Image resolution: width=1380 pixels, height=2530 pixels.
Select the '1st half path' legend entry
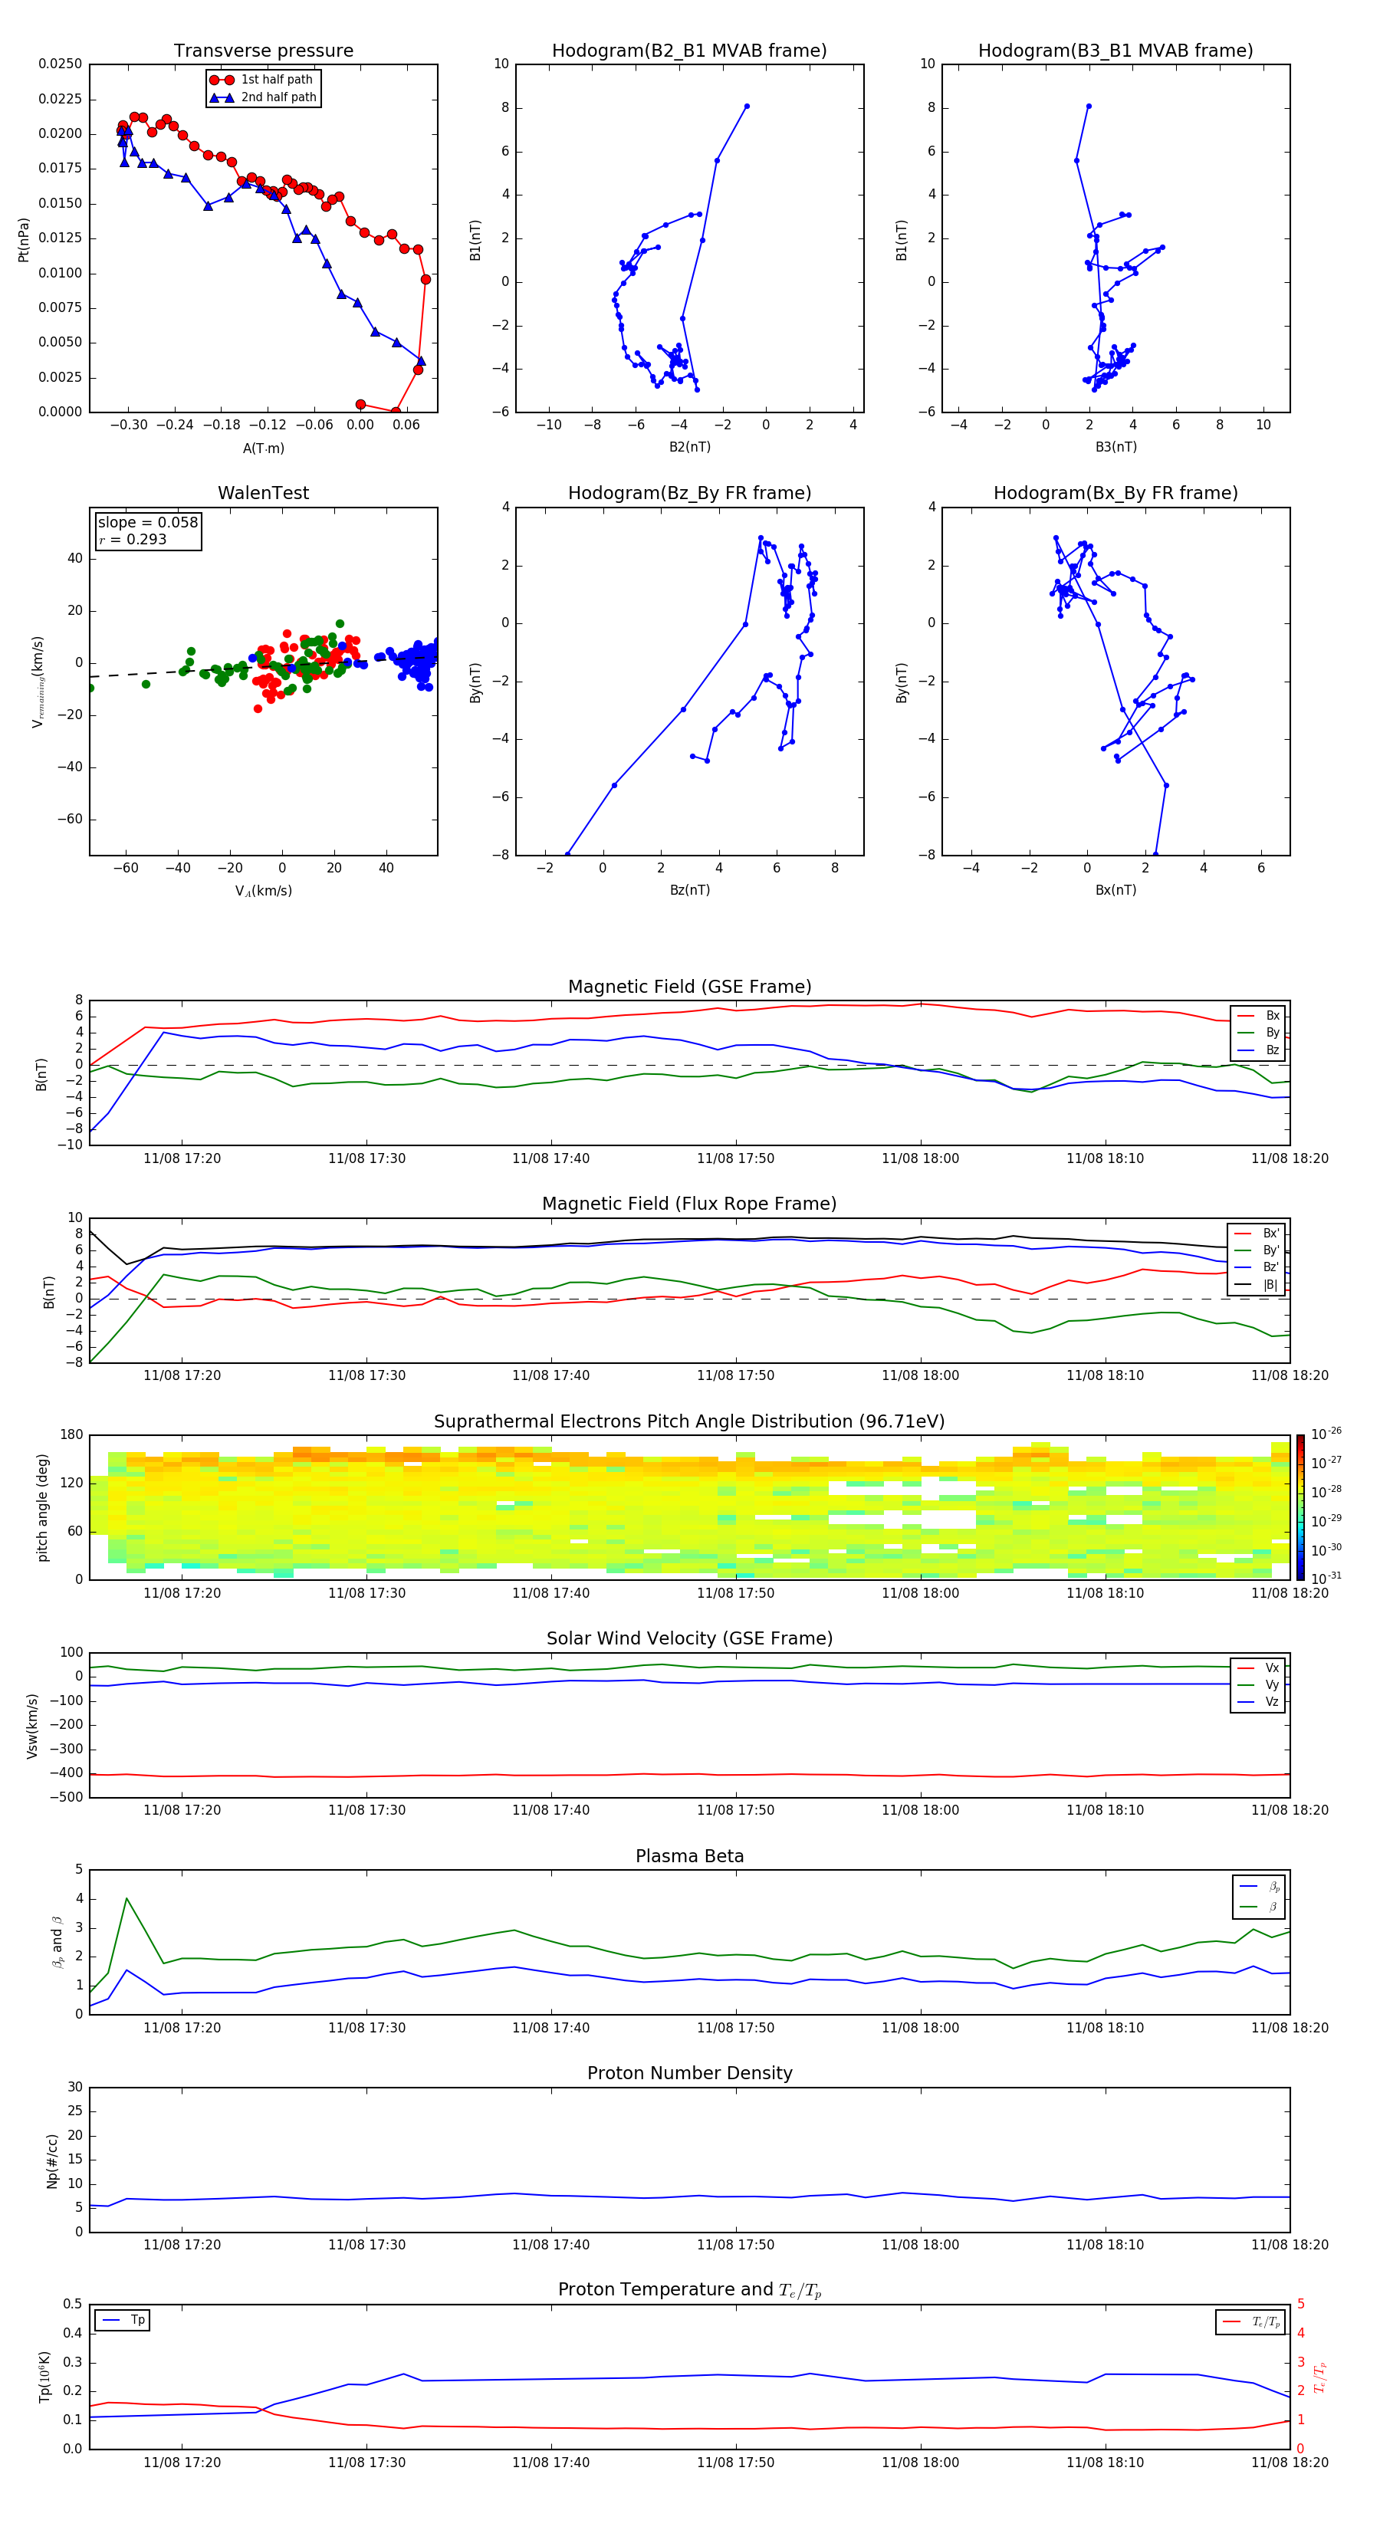coord(276,80)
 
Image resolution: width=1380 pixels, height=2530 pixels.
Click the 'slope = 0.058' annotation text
coord(147,523)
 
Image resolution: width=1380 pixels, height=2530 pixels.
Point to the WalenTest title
coord(263,493)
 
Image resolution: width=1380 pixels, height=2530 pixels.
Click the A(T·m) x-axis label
coord(263,448)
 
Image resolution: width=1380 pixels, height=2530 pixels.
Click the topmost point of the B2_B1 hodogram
coord(747,106)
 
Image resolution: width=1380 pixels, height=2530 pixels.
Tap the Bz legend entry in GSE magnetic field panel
coord(1271,1050)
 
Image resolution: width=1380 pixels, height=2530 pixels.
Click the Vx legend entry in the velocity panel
coord(1271,1667)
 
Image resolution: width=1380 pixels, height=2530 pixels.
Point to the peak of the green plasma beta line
coord(127,1898)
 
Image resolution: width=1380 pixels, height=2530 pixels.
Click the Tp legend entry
coord(137,2320)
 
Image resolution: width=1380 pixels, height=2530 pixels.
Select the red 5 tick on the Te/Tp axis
coord(1300,2304)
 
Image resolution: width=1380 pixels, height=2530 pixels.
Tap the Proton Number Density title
coord(689,2073)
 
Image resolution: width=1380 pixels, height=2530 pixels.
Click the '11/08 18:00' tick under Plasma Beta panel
coord(920,2027)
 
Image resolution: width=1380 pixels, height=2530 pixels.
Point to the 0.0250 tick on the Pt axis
coord(60,64)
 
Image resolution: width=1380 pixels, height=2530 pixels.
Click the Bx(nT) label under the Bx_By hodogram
coord(1115,890)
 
